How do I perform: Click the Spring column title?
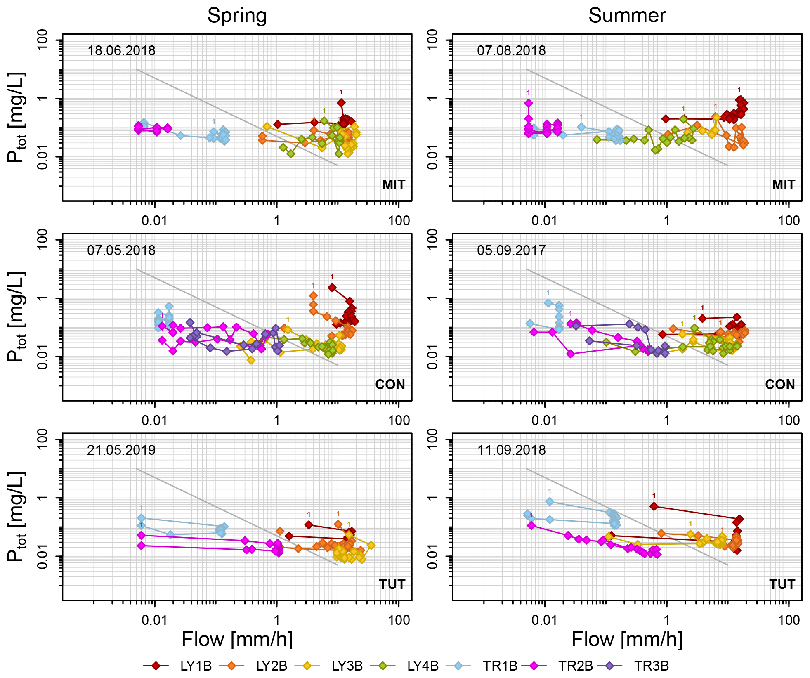(237, 16)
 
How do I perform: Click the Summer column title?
(627, 16)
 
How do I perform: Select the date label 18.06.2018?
(121, 51)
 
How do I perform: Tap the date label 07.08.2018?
(511, 51)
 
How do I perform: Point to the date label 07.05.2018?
(121, 250)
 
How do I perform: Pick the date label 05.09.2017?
(511, 250)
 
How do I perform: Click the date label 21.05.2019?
(121, 450)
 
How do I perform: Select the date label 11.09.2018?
(511, 450)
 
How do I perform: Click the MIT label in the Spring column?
(394, 185)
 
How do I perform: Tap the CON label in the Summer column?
(780, 385)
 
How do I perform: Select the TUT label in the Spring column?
(392, 584)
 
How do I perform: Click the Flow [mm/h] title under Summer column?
(627, 640)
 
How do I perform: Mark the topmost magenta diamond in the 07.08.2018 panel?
(529, 103)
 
